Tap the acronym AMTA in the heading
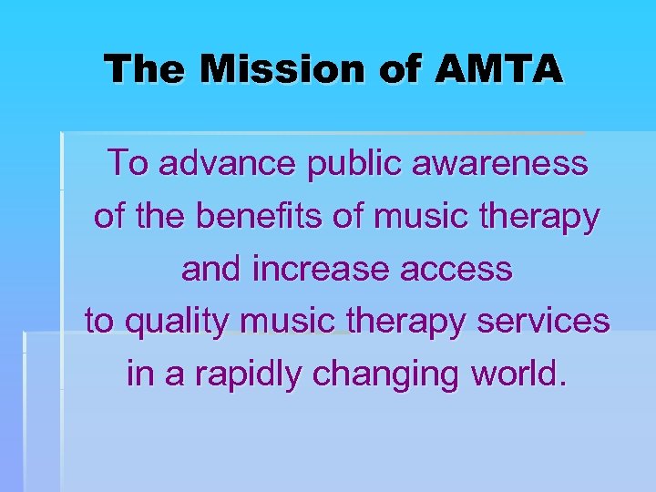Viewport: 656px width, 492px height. pyautogui.click(x=497, y=68)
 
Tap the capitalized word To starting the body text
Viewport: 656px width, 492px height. pyautogui.click(x=127, y=164)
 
